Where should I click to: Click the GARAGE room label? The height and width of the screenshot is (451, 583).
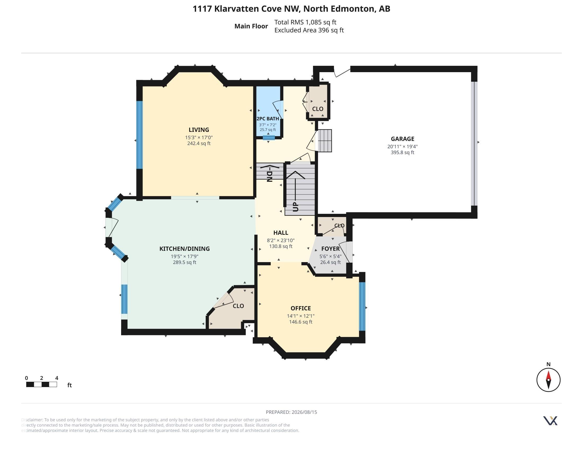point(402,139)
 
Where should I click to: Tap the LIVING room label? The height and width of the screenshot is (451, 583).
point(198,130)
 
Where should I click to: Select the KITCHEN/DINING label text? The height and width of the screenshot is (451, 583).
point(184,249)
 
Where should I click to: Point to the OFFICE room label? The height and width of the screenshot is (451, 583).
point(301,308)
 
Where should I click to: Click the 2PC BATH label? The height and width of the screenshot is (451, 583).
point(267,119)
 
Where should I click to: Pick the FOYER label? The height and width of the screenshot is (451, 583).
point(330,249)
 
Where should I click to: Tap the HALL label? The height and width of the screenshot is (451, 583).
point(281,233)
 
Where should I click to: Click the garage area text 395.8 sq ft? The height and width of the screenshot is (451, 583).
point(402,153)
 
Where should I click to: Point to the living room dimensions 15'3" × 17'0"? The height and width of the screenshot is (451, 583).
point(199,138)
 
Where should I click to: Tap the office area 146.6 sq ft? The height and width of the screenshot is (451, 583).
point(301,322)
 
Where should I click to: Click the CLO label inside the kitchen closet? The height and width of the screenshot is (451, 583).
point(238,306)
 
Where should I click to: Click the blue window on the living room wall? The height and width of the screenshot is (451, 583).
point(139,135)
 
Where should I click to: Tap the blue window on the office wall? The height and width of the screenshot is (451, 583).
point(362,306)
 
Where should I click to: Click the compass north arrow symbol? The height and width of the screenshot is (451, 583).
point(548,380)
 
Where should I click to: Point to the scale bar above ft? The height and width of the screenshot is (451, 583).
point(41,384)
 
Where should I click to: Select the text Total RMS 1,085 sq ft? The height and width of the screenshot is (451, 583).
point(305,22)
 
